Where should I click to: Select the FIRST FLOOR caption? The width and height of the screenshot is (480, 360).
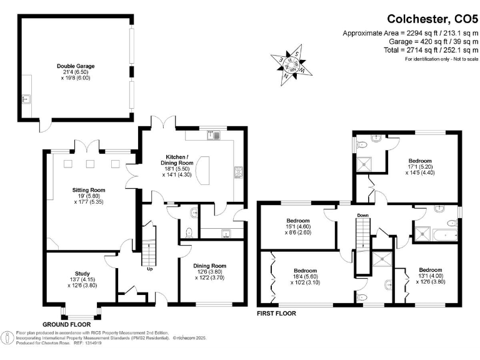(x=276, y=313)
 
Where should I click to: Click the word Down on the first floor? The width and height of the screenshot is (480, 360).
(x=362, y=216)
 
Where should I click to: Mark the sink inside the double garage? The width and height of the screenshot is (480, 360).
(x=26, y=98)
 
